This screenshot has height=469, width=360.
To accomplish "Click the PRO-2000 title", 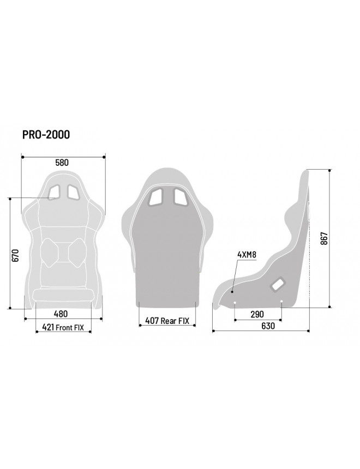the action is [46, 135].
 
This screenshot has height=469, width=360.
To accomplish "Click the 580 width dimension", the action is [62, 163].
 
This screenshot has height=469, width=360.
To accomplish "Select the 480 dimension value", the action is [61, 314].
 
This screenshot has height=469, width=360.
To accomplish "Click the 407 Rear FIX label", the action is [167, 321].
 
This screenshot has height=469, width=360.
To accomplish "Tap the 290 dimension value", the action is [257, 314].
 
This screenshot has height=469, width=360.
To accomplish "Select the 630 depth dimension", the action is [268, 326].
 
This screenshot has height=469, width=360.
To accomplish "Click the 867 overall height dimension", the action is [325, 238].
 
